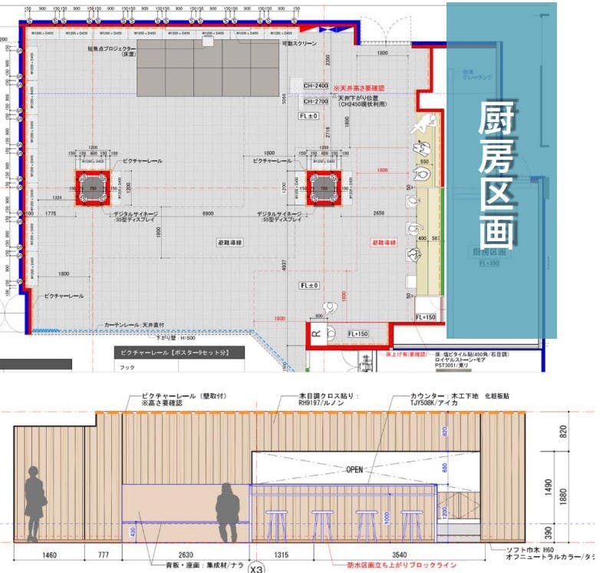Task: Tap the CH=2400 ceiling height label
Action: click(x=315, y=86)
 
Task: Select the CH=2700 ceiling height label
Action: click(x=315, y=101)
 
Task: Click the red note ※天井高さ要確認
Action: click(x=359, y=89)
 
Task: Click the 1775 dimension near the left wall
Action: click(x=53, y=212)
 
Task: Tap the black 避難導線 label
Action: click(x=229, y=242)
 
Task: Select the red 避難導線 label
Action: click(x=384, y=242)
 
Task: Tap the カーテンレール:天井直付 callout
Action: click(x=132, y=325)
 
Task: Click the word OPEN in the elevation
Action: click(x=354, y=469)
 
